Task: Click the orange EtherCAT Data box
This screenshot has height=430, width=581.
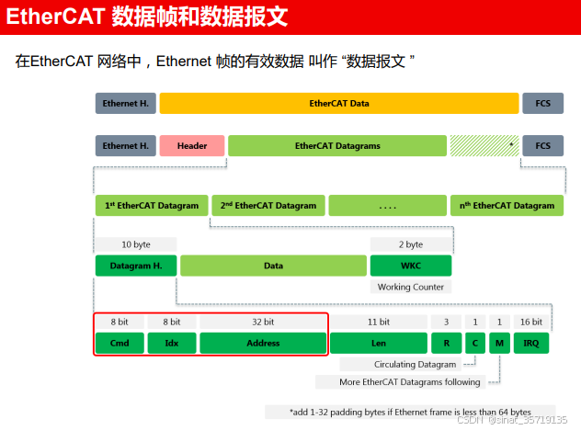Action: [339, 104]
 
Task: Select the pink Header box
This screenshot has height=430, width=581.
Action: [192, 146]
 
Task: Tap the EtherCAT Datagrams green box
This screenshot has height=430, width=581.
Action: [337, 146]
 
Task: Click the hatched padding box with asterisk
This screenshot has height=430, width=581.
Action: [484, 146]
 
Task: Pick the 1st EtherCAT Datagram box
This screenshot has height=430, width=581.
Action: [152, 206]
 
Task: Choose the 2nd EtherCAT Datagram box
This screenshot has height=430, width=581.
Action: [268, 206]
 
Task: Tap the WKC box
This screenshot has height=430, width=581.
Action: [411, 266]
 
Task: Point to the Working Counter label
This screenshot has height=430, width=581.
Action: [411, 287]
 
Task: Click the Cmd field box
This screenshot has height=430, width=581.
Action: [120, 344]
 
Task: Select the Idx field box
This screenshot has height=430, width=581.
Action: [171, 344]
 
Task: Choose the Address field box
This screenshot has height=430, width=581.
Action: [263, 344]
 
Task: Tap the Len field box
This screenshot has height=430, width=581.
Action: [378, 344]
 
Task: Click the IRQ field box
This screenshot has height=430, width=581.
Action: [531, 344]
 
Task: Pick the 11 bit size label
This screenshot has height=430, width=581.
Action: [378, 322]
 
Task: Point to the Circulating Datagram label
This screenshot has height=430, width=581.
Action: [415, 365]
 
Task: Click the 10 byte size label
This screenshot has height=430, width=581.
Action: [136, 244]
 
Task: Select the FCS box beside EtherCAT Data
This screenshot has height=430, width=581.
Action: [543, 104]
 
